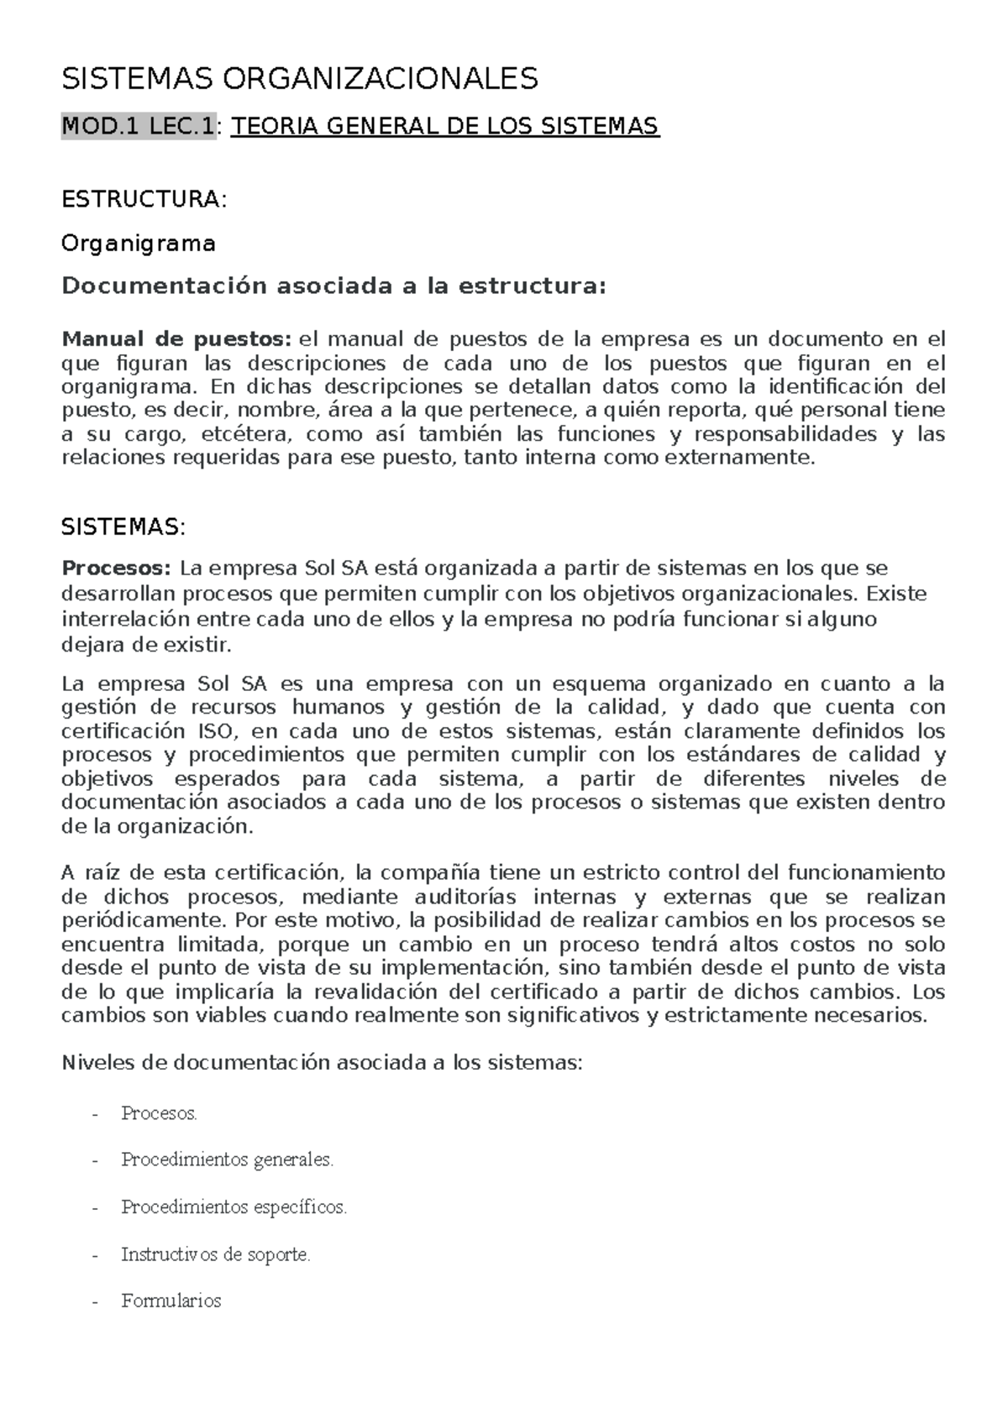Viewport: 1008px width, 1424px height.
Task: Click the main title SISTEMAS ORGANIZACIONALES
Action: (x=300, y=79)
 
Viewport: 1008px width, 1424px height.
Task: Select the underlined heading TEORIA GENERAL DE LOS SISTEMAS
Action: (x=445, y=127)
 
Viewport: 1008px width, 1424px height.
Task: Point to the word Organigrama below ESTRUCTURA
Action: (x=139, y=243)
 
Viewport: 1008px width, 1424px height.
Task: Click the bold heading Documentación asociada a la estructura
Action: (x=333, y=286)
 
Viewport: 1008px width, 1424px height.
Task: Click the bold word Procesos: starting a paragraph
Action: (x=117, y=568)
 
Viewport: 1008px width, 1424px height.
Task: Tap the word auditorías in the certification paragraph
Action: (x=459, y=896)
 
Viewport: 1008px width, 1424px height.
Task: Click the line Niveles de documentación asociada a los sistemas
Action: (x=322, y=1062)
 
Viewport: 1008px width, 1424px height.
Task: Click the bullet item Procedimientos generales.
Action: (x=228, y=1160)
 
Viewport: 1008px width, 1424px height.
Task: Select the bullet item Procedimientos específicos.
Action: (x=234, y=1207)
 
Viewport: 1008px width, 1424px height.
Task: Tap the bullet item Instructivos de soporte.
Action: (x=216, y=1254)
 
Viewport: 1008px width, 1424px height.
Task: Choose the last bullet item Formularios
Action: (x=171, y=1301)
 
